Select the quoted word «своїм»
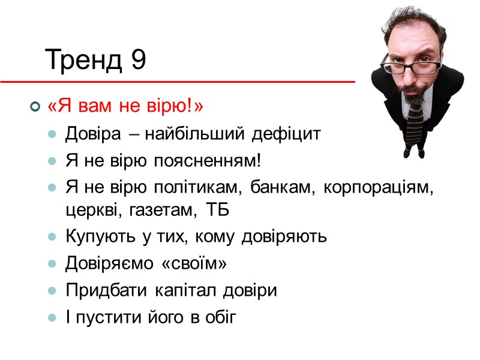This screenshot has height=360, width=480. [x=191, y=263]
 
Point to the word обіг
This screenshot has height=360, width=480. [x=222, y=317]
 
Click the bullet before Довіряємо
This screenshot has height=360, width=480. [x=53, y=264]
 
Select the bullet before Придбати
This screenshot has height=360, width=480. [x=53, y=291]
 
